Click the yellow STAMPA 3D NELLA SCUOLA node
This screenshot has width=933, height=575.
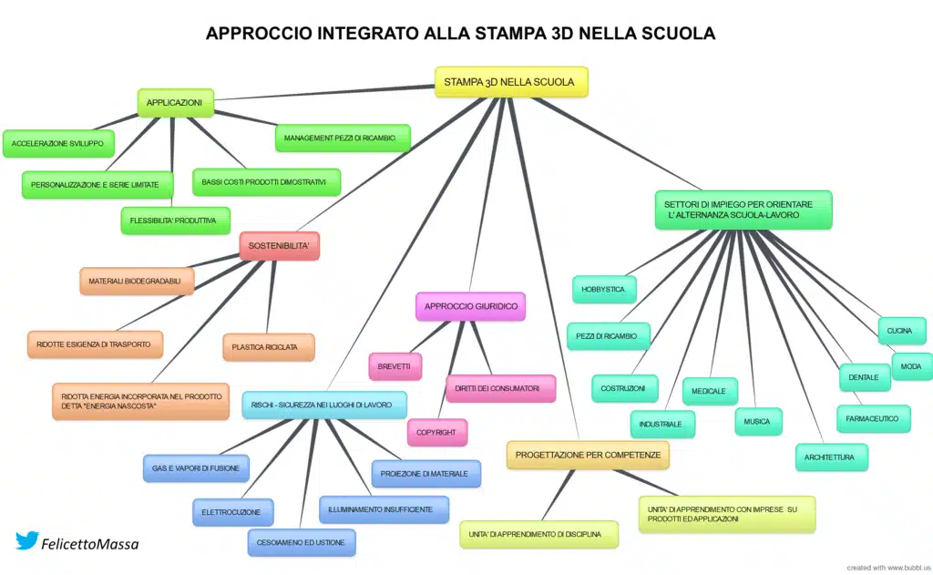tap(510, 82)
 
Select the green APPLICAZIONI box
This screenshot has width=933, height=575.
tap(175, 103)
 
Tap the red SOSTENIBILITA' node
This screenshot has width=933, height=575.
tap(279, 246)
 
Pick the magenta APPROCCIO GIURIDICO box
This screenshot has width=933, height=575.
tap(471, 306)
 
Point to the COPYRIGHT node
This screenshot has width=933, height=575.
tap(436, 433)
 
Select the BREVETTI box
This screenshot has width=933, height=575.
tap(395, 366)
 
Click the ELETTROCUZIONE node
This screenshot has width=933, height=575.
tap(231, 512)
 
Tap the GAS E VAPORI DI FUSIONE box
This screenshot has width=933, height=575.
tap(196, 468)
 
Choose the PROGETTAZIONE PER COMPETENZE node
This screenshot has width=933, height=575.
tap(588, 455)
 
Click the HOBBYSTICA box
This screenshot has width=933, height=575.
tap(603, 290)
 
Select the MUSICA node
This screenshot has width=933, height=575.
tap(757, 421)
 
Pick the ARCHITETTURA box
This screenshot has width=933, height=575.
tap(831, 457)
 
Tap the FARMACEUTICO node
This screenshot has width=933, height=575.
tap(873, 418)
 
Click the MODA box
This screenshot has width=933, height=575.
tap(911, 366)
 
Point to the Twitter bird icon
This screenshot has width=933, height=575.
tap(26, 540)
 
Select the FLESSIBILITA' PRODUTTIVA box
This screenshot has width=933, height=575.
tap(175, 221)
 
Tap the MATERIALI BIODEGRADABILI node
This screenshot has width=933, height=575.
tap(136, 282)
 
